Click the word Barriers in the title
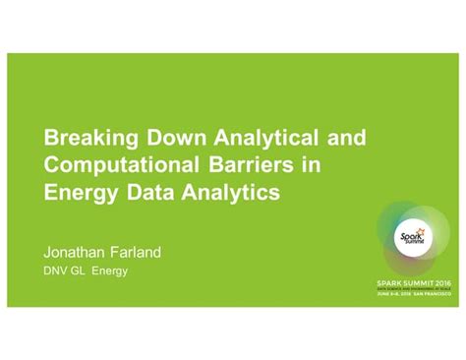click(243, 163)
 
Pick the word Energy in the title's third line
click(81, 192)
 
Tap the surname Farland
click(139, 252)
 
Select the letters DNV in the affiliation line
click(58, 270)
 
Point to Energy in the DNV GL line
click(111, 270)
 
